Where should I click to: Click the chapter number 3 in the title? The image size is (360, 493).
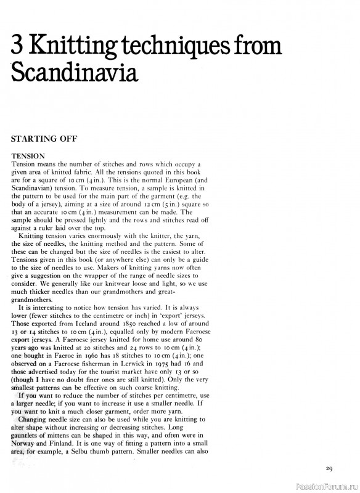[x=18, y=47]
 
